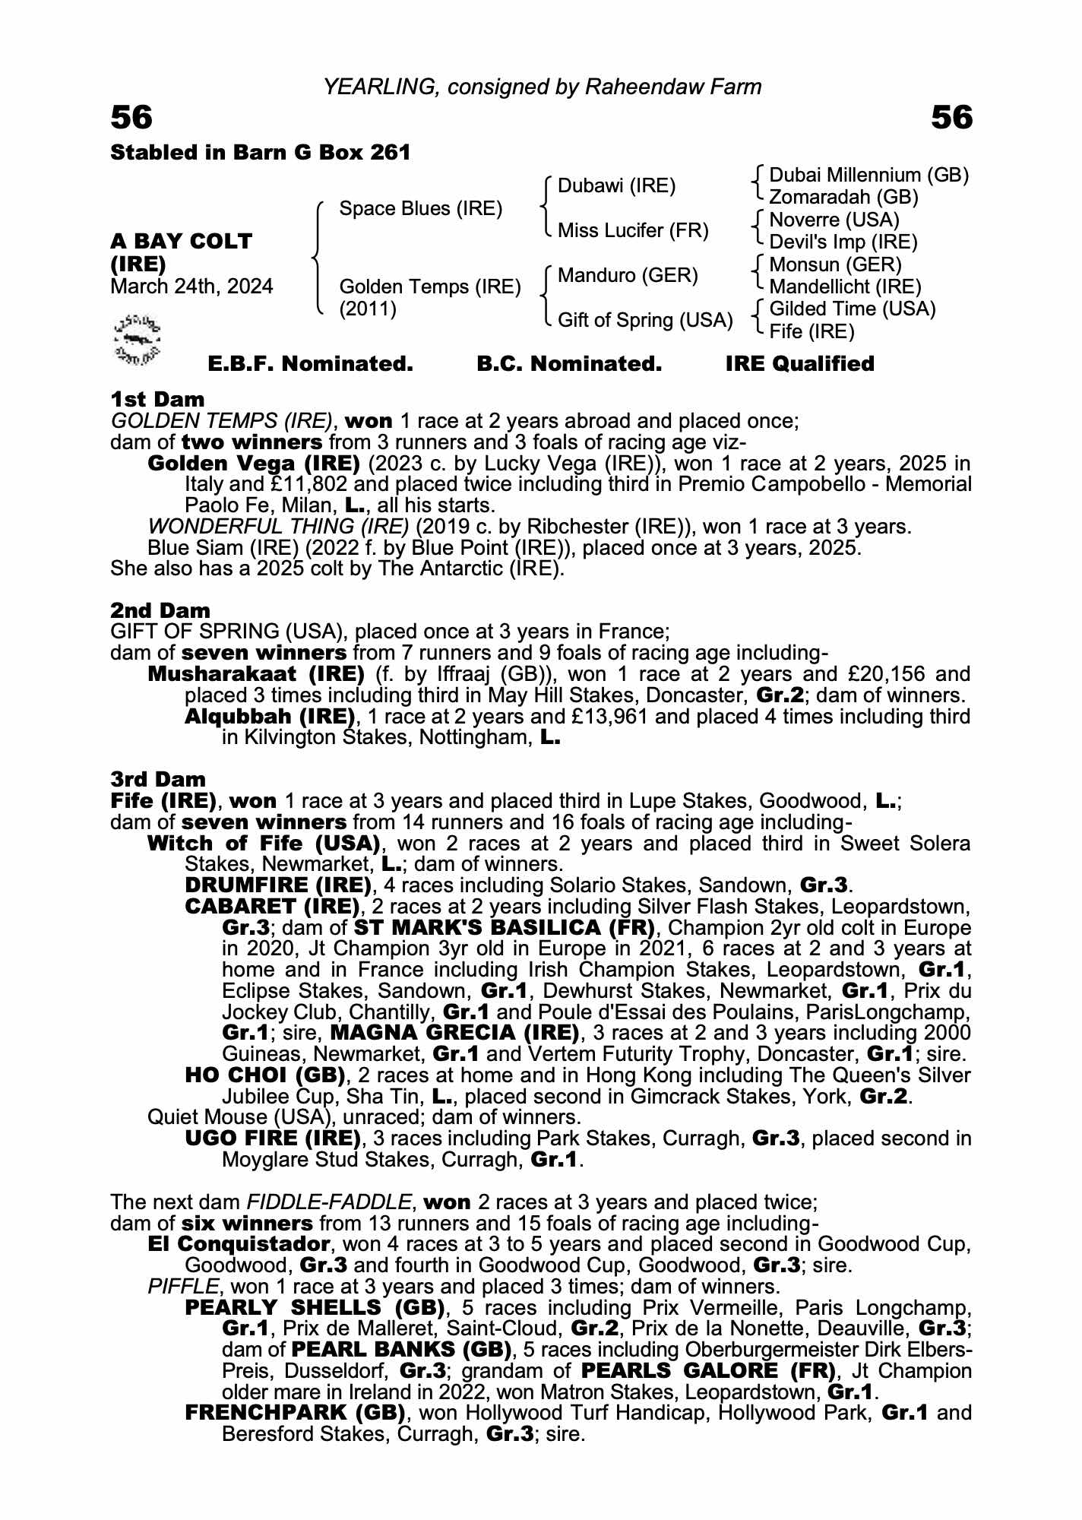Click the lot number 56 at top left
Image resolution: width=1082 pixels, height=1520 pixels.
pyautogui.click(x=131, y=118)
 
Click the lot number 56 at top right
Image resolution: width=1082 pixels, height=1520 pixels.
pyautogui.click(x=951, y=118)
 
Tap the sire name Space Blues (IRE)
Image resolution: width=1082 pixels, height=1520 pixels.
pyautogui.click(x=420, y=208)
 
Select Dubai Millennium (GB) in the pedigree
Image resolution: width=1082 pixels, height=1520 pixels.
pyautogui.click(x=868, y=176)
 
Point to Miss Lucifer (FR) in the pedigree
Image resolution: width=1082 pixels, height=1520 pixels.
pyautogui.click(x=633, y=230)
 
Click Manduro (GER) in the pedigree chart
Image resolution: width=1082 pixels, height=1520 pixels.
pyautogui.click(x=628, y=275)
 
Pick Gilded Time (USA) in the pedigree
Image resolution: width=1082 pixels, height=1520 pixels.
pyautogui.click(x=852, y=309)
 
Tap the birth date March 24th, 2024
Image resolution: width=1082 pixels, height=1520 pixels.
pyautogui.click(x=191, y=287)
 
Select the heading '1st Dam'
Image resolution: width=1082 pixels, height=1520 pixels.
pyautogui.click(x=157, y=399)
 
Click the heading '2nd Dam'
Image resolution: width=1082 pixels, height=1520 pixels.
pyautogui.click(x=160, y=610)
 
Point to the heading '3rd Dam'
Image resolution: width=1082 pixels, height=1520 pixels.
pyautogui.click(x=158, y=779)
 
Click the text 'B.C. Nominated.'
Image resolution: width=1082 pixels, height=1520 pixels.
pyautogui.click(x=569, y=364)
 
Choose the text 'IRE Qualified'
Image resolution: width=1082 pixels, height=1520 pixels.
pyautogui.click(x=799, y=364)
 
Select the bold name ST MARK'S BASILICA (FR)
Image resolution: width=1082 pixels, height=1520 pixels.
pyautogui.click(x=504, y=928)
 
